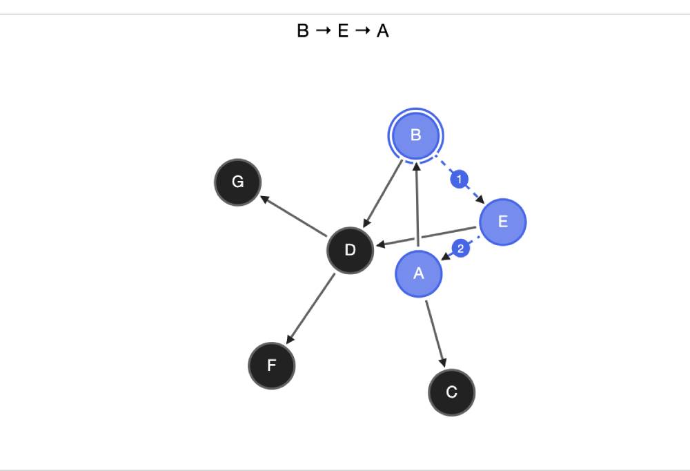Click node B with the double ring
click(x=415, y=135)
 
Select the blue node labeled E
click(x=502, y=222)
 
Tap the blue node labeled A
click(x=418, y=273)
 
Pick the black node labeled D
click(x=350, y=250)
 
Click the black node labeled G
click(x=237, y=182)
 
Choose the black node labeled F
click(x=271, y=365)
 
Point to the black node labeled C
click(x=451, y=392)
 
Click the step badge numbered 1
click(x=459, y=180)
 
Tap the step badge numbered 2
click(x=460, y=249)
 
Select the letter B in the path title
click(x=303, y=31)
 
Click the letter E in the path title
click(x=343, y=31)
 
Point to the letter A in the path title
click(x=382, y=31)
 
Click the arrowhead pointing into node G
click(x=264, y=198)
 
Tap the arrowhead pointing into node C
click(x=442, y=362)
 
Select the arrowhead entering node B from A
click(x=416, y=166)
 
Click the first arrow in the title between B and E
click(x=323, y=31)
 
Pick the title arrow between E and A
click(x=363, y=31)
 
